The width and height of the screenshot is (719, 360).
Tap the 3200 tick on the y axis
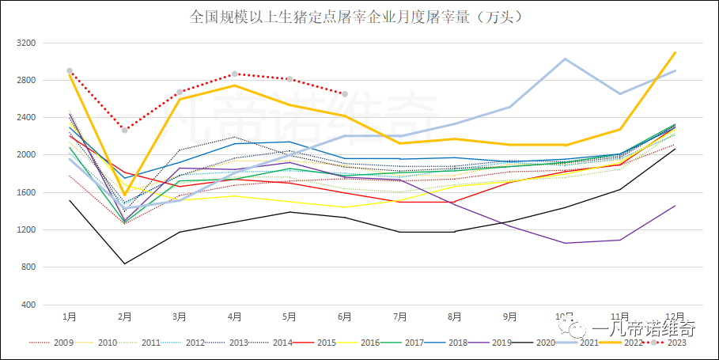coord(27,43)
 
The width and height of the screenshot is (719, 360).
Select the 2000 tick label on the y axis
coord(27,155)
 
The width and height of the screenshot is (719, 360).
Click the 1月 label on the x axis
coord(70,316)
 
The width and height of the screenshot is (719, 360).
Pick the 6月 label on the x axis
coord(344,316)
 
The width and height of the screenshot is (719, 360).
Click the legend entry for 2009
coord(64,343)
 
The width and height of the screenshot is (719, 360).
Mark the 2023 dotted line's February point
coord(124,130)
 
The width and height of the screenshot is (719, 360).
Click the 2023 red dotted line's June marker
coord(344,94)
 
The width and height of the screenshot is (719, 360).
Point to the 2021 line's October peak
coord(565,59)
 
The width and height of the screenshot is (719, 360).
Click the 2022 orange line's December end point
coord(675,52)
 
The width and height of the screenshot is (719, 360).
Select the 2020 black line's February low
coord(124,263)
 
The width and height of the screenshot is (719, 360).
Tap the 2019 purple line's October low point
coord(565,243)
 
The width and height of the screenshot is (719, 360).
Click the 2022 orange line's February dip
coord(124,195)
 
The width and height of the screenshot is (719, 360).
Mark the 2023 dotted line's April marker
coord(234,74)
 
